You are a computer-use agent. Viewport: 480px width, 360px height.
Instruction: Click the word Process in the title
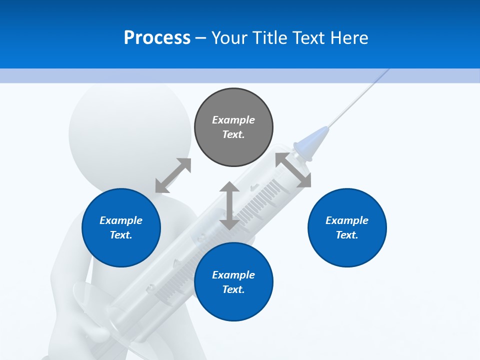[x=157, y=38]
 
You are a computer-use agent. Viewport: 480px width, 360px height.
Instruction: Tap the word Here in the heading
[x=349, y=38]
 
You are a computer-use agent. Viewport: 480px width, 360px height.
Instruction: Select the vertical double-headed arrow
[x=229, y=205]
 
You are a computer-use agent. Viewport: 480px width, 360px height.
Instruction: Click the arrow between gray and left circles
[x=173, y=175]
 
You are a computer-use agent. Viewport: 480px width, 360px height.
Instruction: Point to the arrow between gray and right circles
[x=293, y=170]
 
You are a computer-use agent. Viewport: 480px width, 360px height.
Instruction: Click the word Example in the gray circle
[x=233, y=120]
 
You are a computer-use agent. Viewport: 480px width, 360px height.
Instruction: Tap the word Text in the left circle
[x=121, y=235]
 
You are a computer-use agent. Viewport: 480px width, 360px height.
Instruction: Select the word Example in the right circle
[x=347, y=220]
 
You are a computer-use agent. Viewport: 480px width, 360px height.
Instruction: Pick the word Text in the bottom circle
[x=233, y=289]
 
